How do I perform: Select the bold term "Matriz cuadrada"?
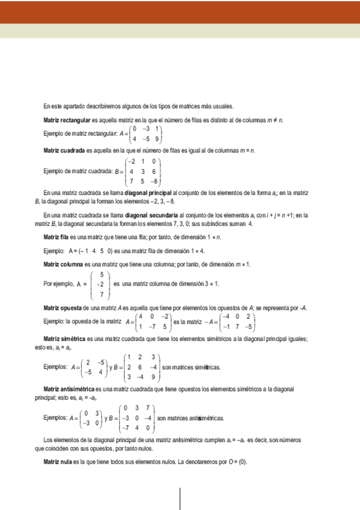pyautogui.click(x=64, y=150)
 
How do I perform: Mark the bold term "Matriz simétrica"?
pyautogui.click(x=64, y=339)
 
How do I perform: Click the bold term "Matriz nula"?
pyautogui.click(x=57, y=462)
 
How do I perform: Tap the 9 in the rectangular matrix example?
pyautogui.click(x=156, y=138)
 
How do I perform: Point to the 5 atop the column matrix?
pyautogui.click(x=102, y=274)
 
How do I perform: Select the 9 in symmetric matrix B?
pyautogui.click(x=153, y=377)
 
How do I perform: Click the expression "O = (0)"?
pyautogui.click(x=234, y=462)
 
